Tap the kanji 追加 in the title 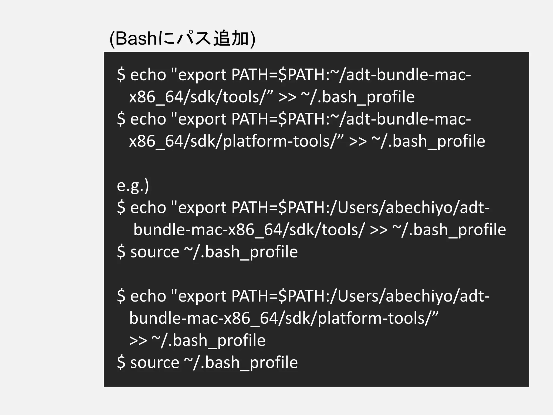[x=231, y=39]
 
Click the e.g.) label [x=133, y=186]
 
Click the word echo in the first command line [x=148, y=75]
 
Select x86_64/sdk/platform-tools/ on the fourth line [x=236, y=141]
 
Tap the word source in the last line [x=154, y=363]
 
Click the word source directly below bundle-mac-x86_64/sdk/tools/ [x=154, y=252]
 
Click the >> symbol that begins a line [x=138, y=340]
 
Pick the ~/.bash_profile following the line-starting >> [x=208, y=340]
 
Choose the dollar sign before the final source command [x=121, y=363]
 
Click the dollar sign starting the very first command [x=121, y=75]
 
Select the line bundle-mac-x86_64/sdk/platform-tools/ [x=284, y=318]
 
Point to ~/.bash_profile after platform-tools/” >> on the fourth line [x=428, y=141]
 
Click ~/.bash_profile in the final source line [x=241, y=363]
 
